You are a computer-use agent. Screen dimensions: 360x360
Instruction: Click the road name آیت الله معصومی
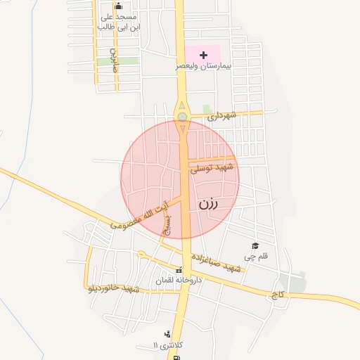[140, 215]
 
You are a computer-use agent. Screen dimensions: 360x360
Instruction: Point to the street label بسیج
[167, 224]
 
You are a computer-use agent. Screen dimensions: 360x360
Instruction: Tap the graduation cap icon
[255, 245]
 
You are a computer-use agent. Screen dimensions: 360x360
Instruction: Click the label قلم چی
[256, 257]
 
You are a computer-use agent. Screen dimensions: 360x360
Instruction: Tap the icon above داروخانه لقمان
[179, 271]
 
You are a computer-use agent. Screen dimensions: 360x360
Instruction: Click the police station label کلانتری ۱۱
[168, 345]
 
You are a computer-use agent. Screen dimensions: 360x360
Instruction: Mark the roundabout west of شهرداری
[182, 117]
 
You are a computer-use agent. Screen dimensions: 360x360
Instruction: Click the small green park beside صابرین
[108, 61]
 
